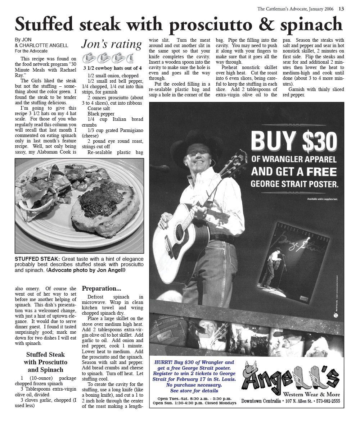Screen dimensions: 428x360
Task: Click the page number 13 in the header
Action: [x=341, y=9]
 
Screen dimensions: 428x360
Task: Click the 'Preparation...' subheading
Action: [x=102, y=288]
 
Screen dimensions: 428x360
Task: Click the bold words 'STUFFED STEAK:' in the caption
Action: [x=37, y=259]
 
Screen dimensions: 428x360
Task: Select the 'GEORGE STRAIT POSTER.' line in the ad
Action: [x=294, y=184]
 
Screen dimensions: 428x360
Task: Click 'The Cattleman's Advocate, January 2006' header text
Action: [x=295, y=9]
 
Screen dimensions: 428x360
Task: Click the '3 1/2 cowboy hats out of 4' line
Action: [x=112, y=68]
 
